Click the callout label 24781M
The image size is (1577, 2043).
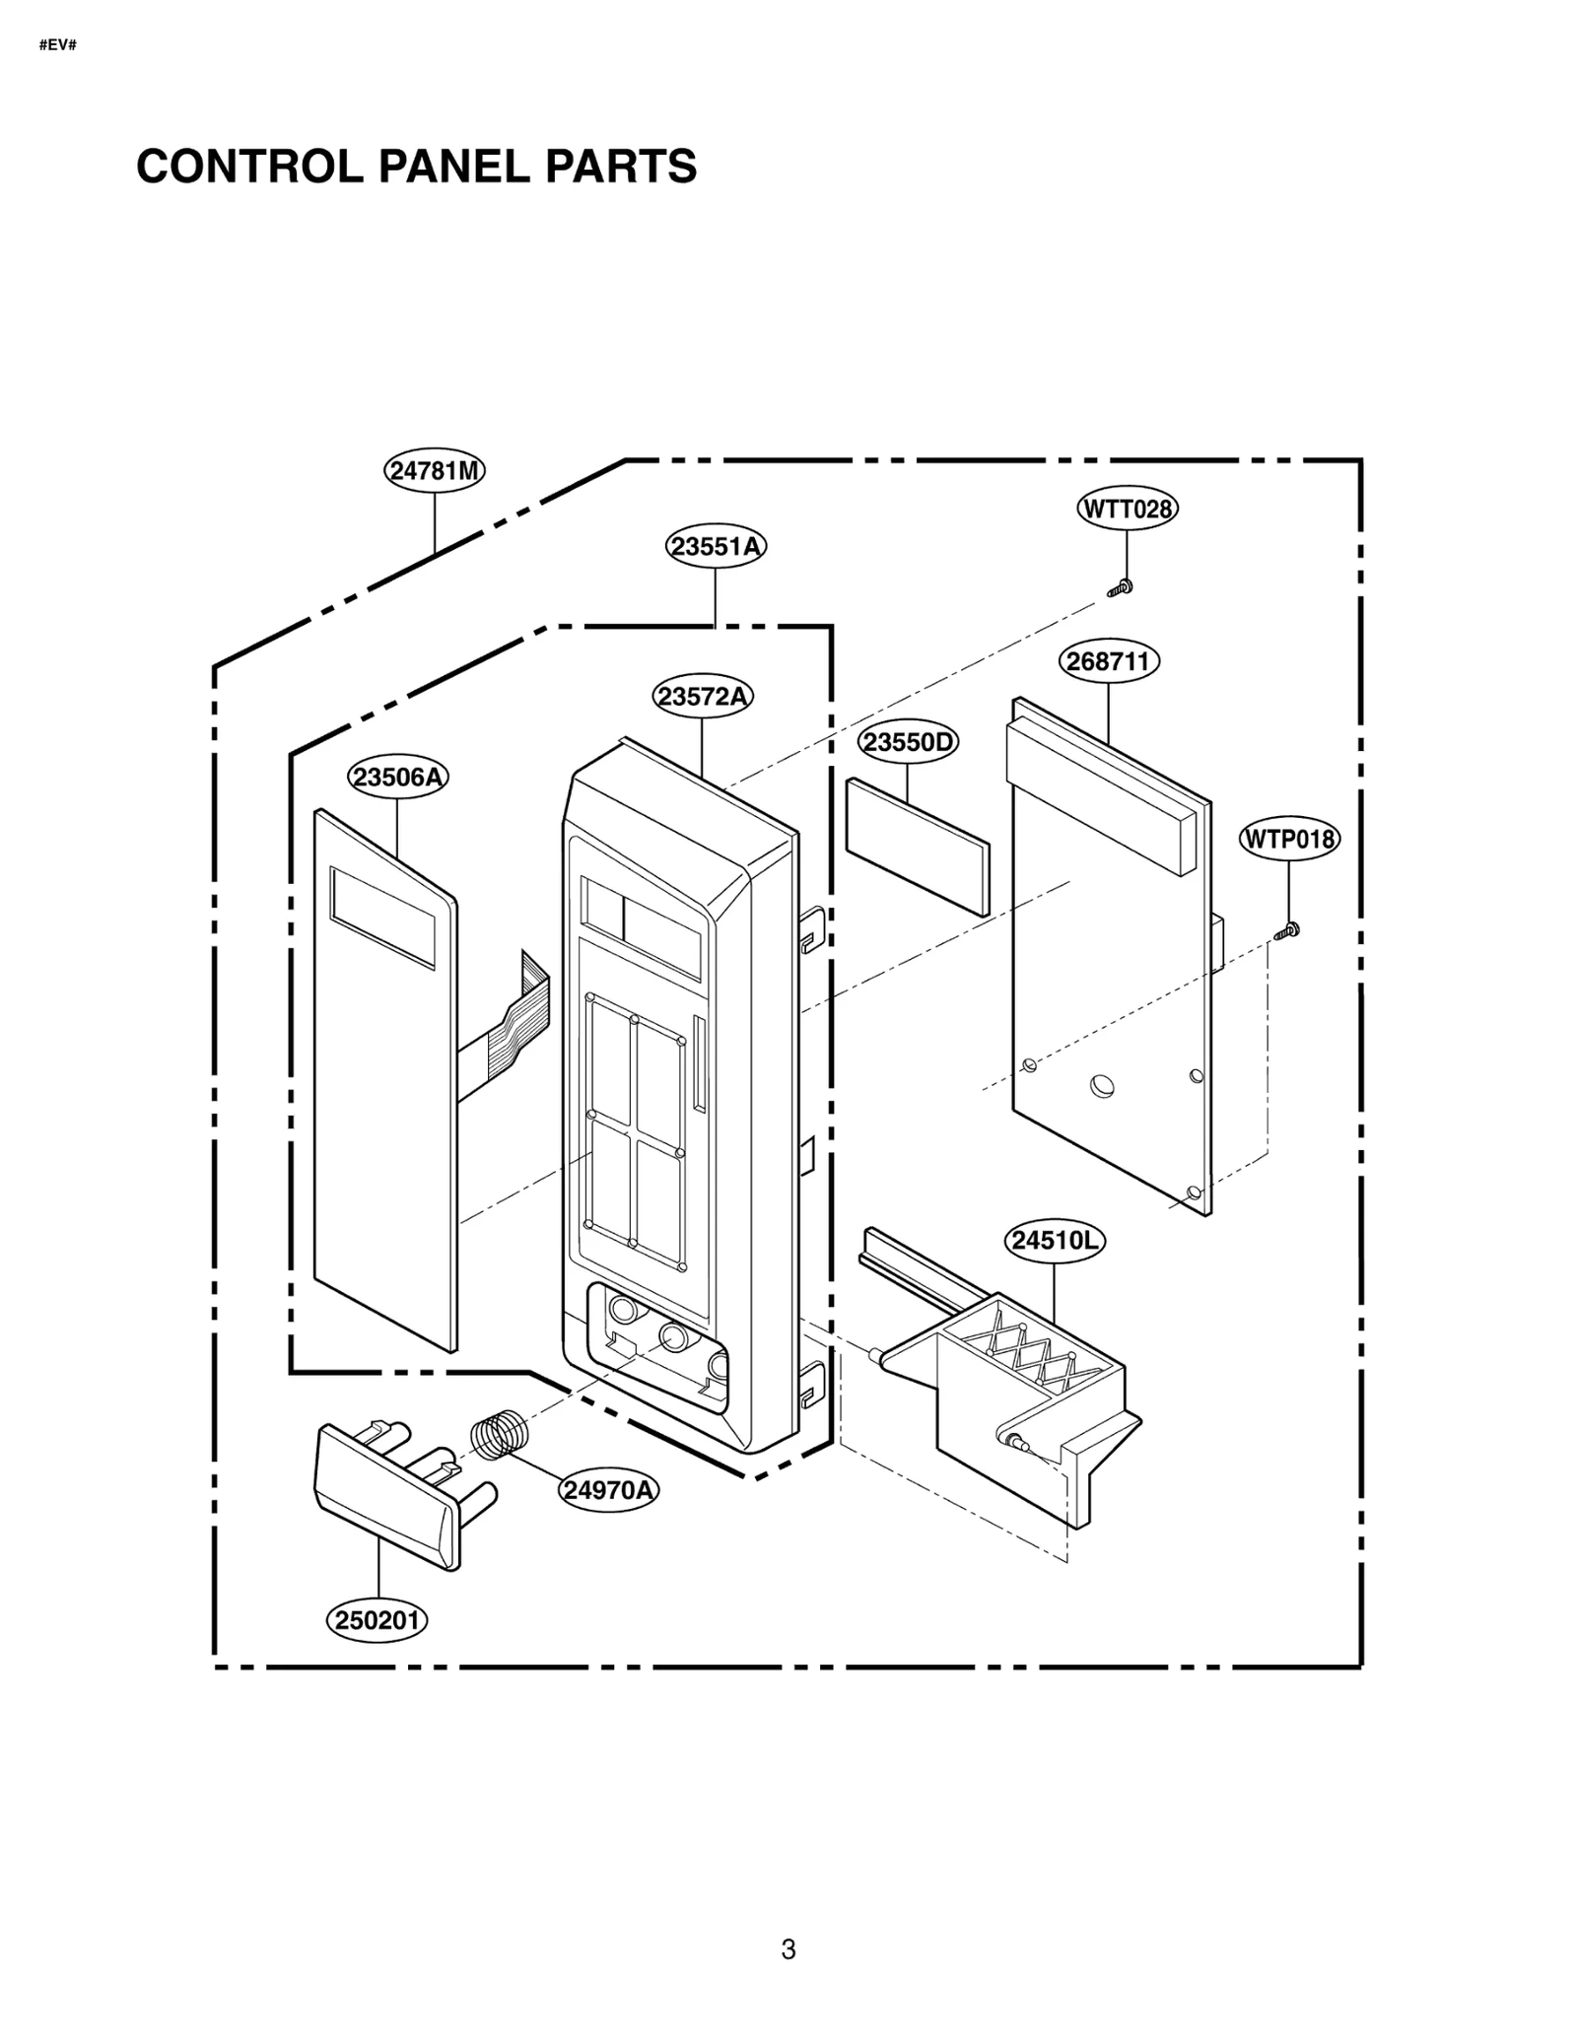434,470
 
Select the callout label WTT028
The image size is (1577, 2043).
1127,509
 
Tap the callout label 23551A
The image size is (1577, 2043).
716,546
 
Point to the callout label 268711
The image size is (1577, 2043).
1109,660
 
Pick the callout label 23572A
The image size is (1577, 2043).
702,697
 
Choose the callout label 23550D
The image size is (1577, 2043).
908,741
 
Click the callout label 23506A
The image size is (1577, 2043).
397,778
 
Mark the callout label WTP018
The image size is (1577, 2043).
1288,839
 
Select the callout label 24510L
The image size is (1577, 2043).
1054,1240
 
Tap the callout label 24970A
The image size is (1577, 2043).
608,1489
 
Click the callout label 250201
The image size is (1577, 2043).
377,1620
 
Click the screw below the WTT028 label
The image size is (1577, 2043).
1121,588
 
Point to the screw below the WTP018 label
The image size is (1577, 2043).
1287,929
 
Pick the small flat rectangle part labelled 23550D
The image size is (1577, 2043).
917,846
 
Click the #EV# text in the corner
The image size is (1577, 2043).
57,45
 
